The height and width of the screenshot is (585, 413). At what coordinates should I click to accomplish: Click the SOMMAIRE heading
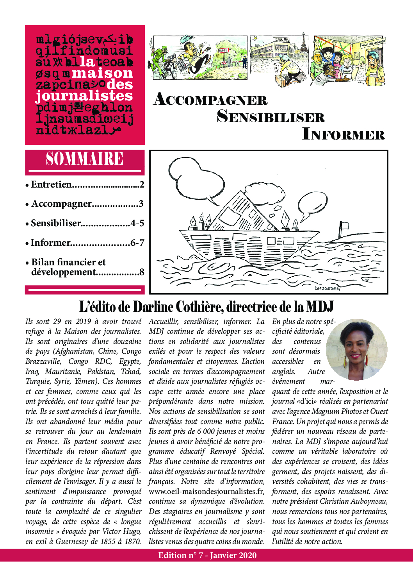coord(84,159)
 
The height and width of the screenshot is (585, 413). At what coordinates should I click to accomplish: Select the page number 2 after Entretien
coord(142,184)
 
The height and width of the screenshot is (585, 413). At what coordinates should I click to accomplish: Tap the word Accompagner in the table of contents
coord(62,204)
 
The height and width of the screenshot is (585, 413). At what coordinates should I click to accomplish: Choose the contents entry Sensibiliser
coord(56,223)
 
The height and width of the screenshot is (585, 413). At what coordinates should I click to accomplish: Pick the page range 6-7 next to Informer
coord(137,243)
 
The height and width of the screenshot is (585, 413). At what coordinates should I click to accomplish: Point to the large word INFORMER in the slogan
coord(344,134)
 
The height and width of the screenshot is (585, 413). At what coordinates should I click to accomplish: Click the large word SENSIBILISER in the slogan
coord(271,117)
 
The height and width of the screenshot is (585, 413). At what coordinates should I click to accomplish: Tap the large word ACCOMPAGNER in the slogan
coord(210,100)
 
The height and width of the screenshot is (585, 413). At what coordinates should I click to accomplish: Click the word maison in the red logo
coord(103,73)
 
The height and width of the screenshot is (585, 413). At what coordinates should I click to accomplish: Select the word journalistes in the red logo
coord(84,96)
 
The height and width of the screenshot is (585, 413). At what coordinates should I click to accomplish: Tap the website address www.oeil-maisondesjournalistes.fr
coord(206,491)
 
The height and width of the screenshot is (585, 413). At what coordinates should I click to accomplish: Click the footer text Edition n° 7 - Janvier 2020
coord(207,555)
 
